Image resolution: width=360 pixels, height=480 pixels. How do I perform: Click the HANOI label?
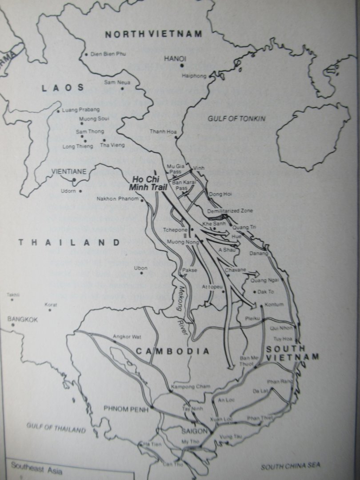click(175, 59)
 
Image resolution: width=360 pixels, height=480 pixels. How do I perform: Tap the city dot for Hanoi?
click(182, 66)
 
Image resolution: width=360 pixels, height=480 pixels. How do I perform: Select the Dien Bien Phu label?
click(108, 54)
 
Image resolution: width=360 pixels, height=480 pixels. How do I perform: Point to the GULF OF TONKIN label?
click(236, 119)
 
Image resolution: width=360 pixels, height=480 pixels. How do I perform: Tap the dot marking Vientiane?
click(74, 180)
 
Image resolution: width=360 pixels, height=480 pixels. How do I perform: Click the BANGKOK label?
click(23, 319)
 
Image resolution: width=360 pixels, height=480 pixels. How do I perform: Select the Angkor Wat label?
click(126, 336)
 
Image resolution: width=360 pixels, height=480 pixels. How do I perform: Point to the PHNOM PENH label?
click(126, 408)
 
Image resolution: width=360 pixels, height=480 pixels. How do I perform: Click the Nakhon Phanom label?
click(118, 199)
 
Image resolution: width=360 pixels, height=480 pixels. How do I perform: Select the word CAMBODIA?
click(172, 351)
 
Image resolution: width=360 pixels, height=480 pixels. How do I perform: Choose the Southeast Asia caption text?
click(32, 466)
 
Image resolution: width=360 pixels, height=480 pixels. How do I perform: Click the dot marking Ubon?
click(141, 273)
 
